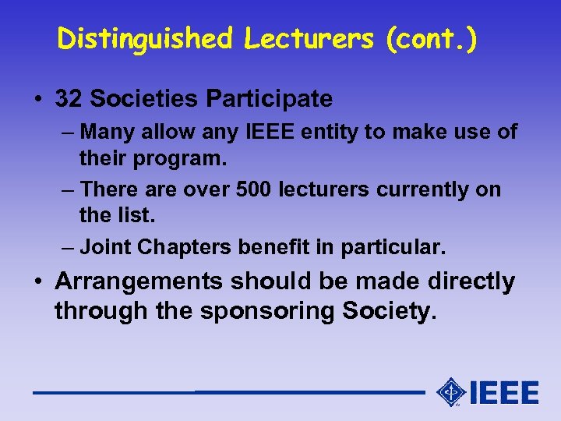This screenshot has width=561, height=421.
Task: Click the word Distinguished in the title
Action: point(144,38)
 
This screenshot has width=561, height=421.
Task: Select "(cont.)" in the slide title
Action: point(432,38)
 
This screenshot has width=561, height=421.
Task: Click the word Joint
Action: point(105,247)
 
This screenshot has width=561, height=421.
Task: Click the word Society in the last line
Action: point(386,311)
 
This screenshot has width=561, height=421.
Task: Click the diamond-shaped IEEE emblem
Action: point(451,392)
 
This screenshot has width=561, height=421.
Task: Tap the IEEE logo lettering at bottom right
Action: point(504,392)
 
